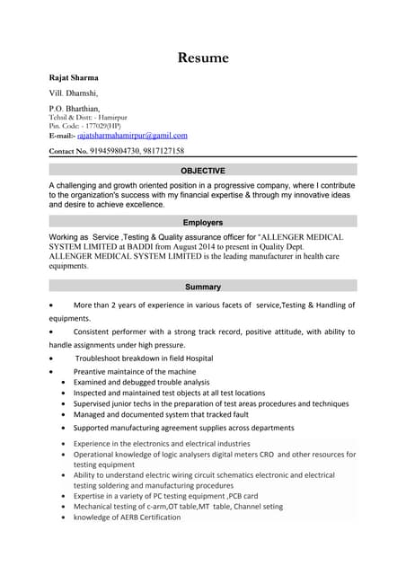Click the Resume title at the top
click(203, 58)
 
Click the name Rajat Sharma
click(74, 77)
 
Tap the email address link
click(138, 135)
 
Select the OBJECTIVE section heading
click(203, 170)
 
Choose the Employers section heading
click(203, 222)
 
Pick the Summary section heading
click(203, 287)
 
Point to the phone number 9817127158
click(163, 151)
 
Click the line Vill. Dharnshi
click(74, 93)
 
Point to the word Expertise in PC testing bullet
click(93, 495)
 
